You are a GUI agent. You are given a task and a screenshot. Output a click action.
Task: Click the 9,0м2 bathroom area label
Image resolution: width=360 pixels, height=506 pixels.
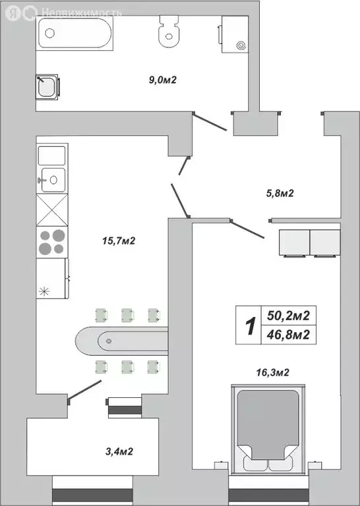164,80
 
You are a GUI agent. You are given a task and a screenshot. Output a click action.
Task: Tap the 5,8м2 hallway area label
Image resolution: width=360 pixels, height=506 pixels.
279,193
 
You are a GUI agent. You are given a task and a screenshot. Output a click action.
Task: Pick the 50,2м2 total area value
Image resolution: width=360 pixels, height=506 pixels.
287,316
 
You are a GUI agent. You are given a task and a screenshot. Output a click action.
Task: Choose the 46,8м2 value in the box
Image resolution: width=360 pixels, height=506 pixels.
287,335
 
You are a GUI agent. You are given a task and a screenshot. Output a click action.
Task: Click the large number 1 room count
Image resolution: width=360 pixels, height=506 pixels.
249,326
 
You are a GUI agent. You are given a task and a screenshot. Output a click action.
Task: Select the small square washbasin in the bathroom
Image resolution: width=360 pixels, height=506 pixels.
47,87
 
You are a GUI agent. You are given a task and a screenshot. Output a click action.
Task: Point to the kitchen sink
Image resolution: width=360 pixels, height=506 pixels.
51,178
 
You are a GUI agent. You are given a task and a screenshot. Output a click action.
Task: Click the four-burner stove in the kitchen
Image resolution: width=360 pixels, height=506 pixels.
52,242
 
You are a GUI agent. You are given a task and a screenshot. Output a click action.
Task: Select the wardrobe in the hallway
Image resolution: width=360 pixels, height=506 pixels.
309,242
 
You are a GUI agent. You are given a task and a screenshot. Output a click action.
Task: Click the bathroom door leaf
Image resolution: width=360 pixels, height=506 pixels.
212,123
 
